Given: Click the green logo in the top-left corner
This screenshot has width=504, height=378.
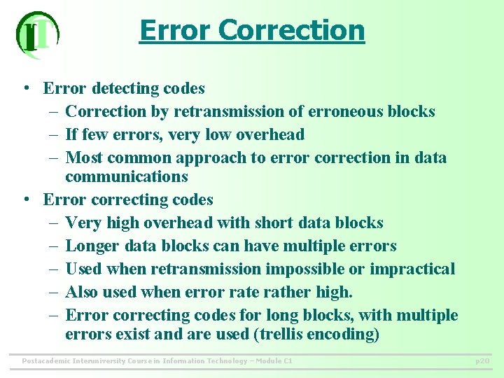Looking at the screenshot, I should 37,35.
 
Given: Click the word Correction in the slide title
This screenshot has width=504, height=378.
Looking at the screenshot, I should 292,30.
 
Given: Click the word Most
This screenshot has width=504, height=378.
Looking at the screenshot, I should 85,157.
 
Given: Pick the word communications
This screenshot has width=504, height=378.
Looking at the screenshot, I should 127,176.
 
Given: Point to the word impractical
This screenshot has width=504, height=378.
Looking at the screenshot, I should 412,269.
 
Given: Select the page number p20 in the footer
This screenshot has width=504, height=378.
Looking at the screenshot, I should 482,361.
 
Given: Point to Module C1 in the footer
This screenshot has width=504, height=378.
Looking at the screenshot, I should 273,361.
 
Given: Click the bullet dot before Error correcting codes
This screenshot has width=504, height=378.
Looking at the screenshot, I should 25,199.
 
